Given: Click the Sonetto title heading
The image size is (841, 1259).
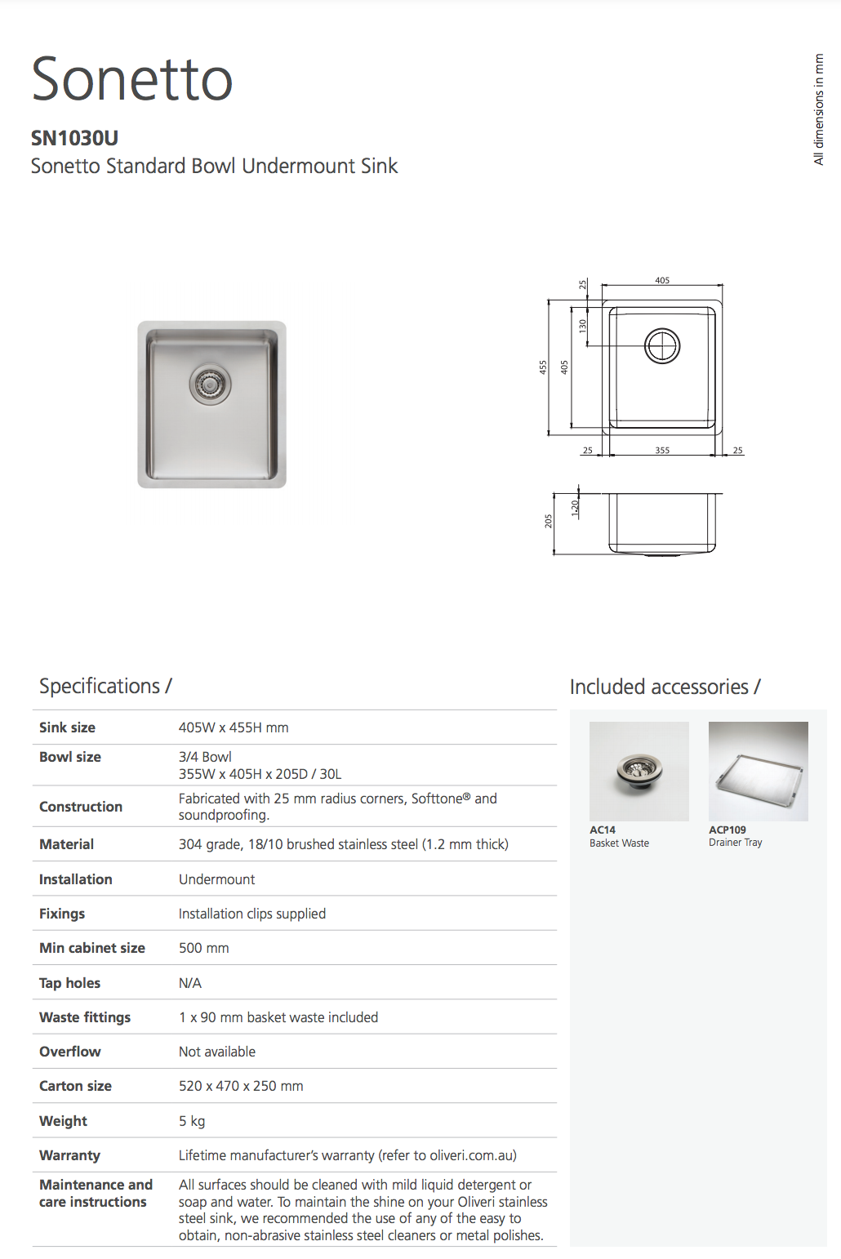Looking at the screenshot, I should [x=132, y=79].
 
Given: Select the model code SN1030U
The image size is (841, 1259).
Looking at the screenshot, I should [x=74, y=138].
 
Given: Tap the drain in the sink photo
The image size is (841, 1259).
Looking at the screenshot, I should [x=210, y=383].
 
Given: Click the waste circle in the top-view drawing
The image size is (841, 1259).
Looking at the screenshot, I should [x=662, y=346].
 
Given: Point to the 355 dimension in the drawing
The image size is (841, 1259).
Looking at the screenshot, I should [x=662, y=450].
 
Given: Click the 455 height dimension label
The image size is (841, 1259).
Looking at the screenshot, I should [x=543, y=367].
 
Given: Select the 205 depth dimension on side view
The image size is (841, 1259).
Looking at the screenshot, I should [x=549, y=521].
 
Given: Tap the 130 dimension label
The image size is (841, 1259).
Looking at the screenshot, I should [x=582, y=325].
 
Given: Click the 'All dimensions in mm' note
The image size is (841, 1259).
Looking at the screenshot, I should [x=819, y=109].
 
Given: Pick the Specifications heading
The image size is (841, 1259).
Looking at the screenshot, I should [x=105, y=686].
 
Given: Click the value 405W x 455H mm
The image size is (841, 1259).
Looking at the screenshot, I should [x=234, y=727].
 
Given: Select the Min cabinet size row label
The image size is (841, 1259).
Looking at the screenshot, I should [x=92, y=948].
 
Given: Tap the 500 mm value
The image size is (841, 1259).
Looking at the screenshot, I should [x=204, y=948].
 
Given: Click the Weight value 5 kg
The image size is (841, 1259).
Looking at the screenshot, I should [x=192, y=1121].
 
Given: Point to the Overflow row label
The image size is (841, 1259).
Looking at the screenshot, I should [x=70, y=1052].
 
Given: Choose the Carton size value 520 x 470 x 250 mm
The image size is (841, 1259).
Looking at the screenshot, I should [x=241, y=1086].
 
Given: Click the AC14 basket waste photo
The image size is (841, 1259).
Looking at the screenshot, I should [x=639, y=771].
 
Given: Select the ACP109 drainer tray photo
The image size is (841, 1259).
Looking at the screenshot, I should [x=758, y=771].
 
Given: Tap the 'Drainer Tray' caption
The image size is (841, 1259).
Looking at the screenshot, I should [x=735, y=843].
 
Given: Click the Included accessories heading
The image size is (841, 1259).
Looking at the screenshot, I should [x=665, y=687].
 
